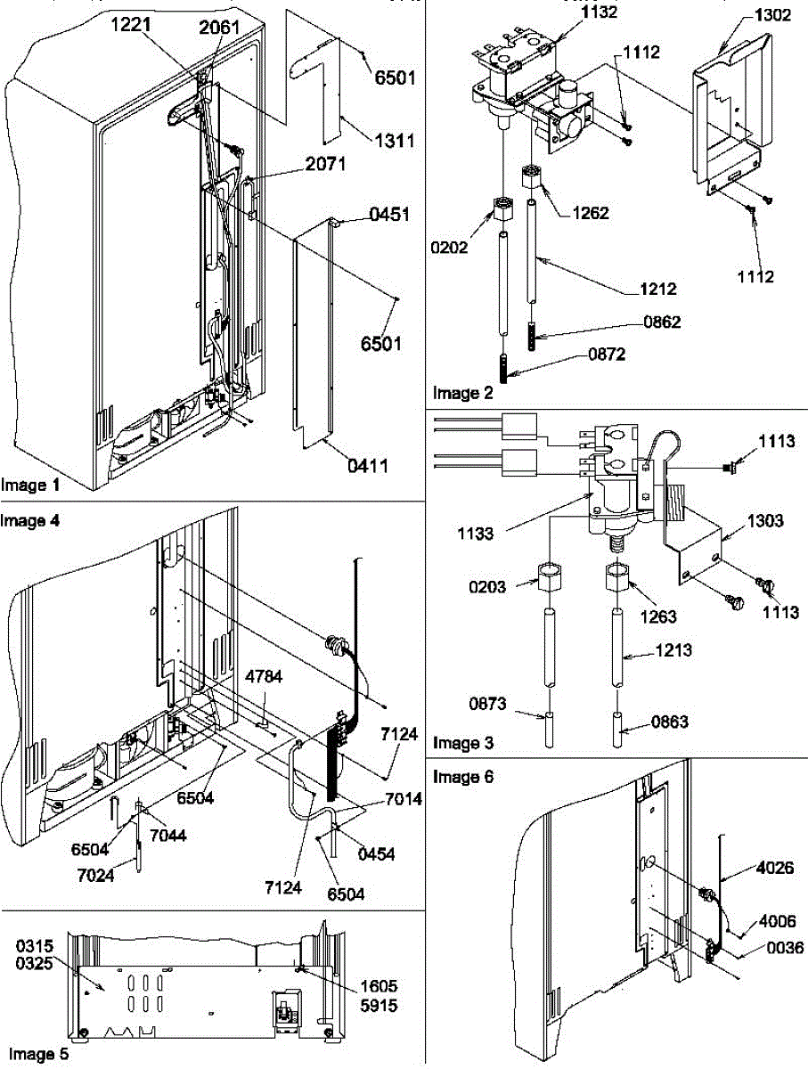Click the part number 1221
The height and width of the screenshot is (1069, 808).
[130, 27]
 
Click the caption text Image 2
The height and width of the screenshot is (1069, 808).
[462, 392]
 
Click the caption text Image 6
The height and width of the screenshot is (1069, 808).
[462, 778]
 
